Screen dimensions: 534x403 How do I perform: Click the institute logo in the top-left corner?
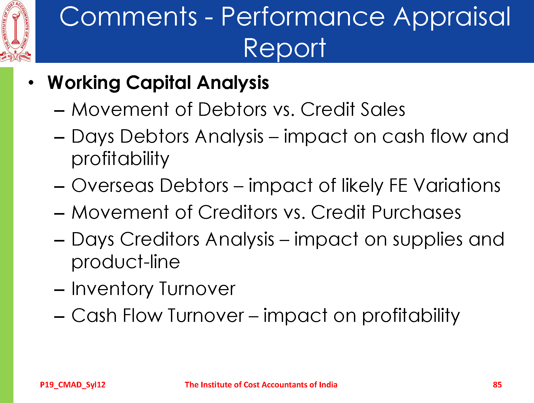(x=16, y=31)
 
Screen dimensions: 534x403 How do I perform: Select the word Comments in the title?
(x=128, y=17)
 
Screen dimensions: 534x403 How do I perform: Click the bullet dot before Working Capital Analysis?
(x=31, y=83)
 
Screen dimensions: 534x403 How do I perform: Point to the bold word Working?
(x=84, y=83)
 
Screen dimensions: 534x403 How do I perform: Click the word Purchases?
(x=416, y=212)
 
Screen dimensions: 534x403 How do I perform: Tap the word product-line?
(x=126, y=262)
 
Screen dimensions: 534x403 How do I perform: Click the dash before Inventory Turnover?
(x=59, y=290)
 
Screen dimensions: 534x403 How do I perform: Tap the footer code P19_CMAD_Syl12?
(x=73, y=385)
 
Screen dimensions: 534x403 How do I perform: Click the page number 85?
(x=497, y=385)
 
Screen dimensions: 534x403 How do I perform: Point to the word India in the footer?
(x=328, y=385)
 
